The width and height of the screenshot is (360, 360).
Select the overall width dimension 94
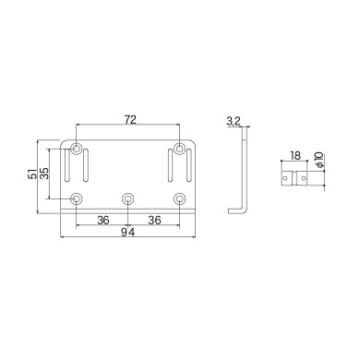click(x=127, y=234)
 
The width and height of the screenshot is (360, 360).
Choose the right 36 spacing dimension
click(x=154, y=221)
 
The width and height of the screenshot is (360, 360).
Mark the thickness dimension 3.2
click(x=233, y=121)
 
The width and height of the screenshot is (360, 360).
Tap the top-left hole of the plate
click(x=76, y=149)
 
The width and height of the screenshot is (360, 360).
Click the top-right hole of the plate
click(x=178, y=149)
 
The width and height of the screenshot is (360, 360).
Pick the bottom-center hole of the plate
click(x=127, y=198)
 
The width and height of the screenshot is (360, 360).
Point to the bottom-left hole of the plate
click(x=76, y=198)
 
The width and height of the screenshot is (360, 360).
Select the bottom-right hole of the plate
click(x=178, y=198)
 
